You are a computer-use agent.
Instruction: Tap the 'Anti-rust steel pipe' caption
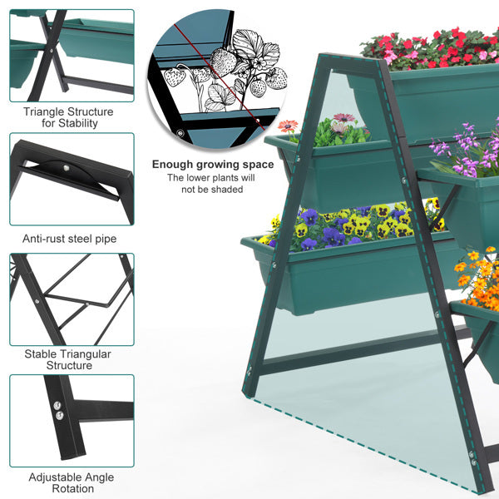tap(70, 239)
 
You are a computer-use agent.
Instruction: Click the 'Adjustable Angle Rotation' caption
tap(72, 483)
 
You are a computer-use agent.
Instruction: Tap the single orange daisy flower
tap(288, 126)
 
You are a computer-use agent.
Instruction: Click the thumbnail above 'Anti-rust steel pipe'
tap(72, 178)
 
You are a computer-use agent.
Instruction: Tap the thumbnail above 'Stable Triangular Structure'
tap(72, 299)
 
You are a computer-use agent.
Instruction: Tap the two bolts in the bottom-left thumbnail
tap(57, 408)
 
